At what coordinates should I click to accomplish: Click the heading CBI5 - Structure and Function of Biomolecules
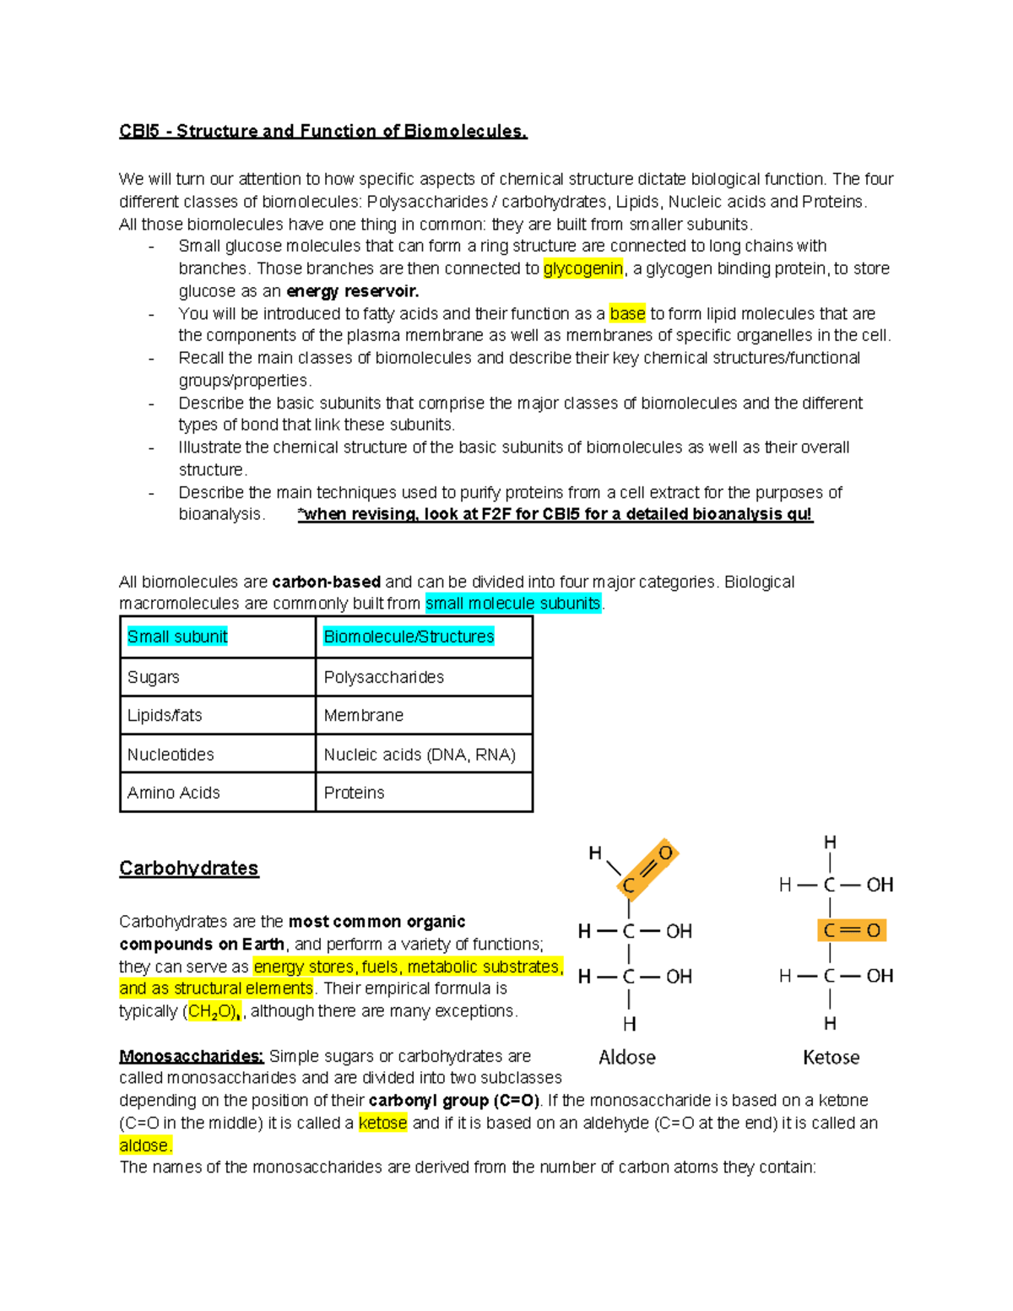pos(322,131)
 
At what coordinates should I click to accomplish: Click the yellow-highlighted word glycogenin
pos(582,268)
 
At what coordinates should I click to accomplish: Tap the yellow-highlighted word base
pos(627,313)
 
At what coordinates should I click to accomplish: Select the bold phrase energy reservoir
pos(352,291)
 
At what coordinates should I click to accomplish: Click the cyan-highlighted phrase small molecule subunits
pos(512,603)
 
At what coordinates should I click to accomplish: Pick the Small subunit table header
pos(177,637)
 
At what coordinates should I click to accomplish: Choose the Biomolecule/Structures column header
pos(409,637)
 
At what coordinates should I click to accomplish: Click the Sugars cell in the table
pos(154,677)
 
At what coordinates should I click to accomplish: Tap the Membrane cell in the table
pos(364,715)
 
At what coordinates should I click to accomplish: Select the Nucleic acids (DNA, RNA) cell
pos(420,754)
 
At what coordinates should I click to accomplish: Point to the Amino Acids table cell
pos(173,793)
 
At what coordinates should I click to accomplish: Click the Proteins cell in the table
pos(355,793)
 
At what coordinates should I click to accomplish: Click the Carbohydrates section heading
pos(189,868)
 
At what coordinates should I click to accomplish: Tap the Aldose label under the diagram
pos(626,1057)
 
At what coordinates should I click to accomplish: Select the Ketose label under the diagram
pos(831,1057)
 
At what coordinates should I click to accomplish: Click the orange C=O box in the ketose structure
pos(851,930)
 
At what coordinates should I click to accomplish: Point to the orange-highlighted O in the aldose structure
pos(665,853)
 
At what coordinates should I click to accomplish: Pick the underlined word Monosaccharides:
pos(192,1056)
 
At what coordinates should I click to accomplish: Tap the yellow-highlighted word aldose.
pos(145,1146)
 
